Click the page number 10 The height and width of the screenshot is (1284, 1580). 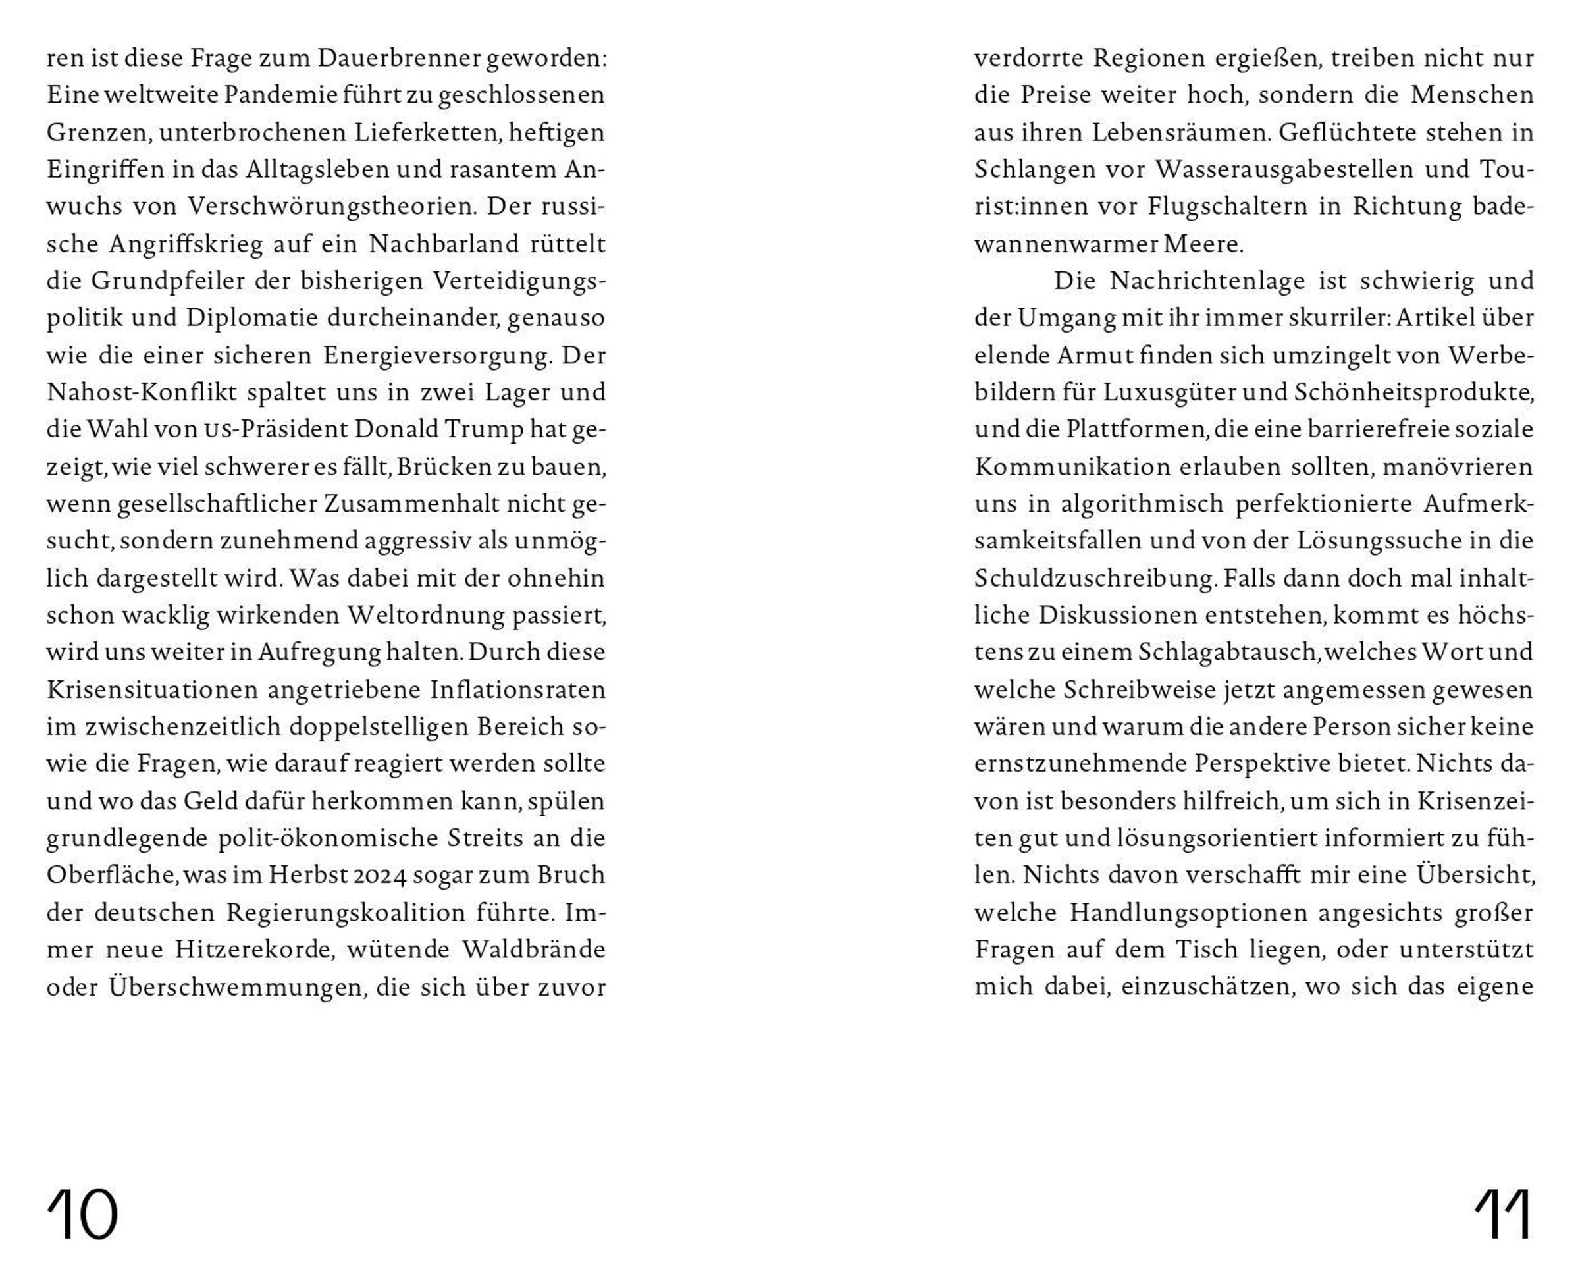(x=82, y=1214)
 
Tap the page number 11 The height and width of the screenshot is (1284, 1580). (x=1503, y=1214)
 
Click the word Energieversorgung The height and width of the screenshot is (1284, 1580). (x=437, y=356)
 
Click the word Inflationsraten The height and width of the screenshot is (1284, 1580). (x=517, y=689)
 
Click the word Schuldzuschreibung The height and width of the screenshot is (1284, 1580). (x=1095, y=578)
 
